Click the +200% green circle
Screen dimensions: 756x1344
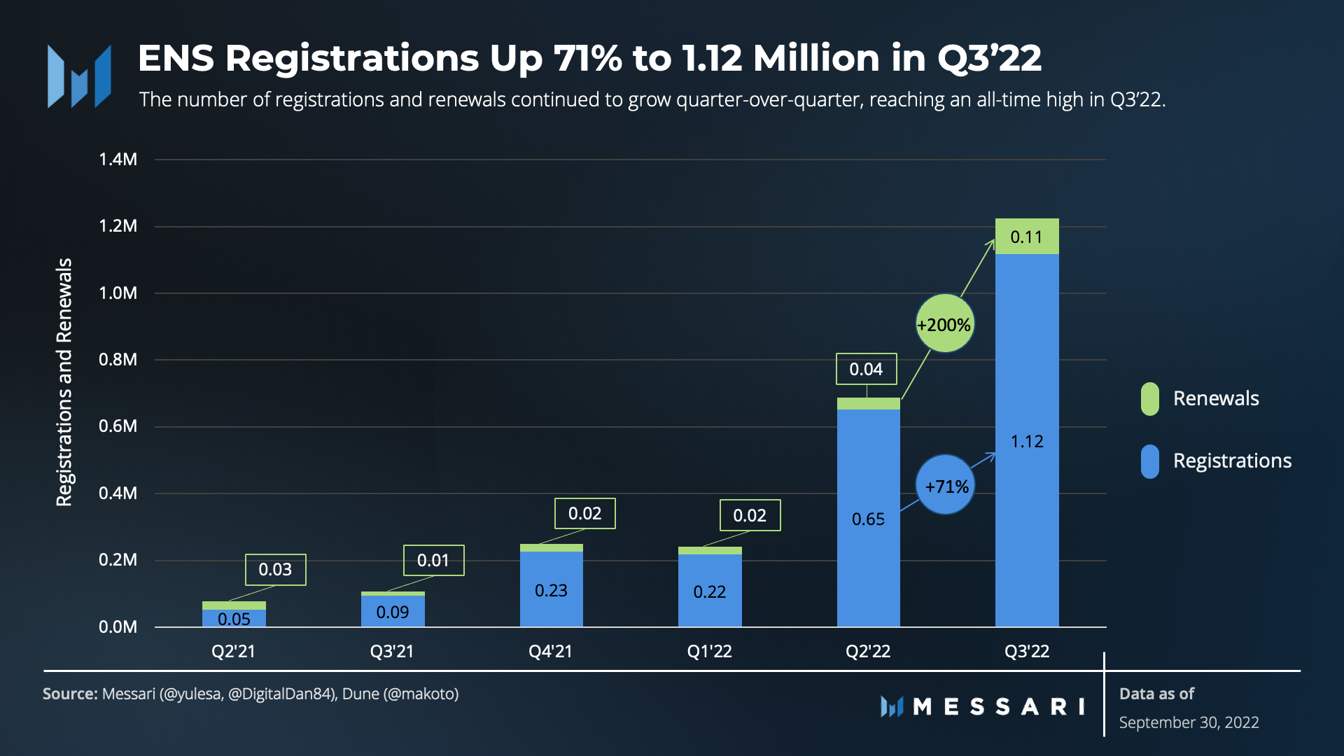click(x=944, y=323)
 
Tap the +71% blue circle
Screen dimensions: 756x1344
click(x=945, y=485)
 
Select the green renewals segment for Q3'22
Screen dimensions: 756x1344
click(x=1027, y=237)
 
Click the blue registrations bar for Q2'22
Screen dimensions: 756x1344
click(x=868, y=518)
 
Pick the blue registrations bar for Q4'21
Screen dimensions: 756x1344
click(x=551, y=589)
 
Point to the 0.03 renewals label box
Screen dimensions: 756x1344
click(x=275, y=569)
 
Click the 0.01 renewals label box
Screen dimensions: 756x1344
click(x=433, y=560)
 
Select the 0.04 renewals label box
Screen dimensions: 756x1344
click(x=866, y=369)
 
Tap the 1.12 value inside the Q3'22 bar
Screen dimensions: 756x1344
click(x=1027, y=442)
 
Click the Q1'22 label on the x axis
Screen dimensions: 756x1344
click(x=709, y=652)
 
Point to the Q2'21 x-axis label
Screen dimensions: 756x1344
click(x=233, y=652)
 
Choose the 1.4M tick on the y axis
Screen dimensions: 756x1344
click(x=118, y=160)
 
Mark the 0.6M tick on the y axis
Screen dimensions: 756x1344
click(x=118, y=426)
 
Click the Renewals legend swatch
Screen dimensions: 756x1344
click(x=1149, y=399)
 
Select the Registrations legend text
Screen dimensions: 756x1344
click(x=1232, y=461)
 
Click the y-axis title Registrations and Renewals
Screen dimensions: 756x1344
click(x=64, y=382)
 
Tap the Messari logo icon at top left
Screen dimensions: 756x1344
click(x=79, y=76)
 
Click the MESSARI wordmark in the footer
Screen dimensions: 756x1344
click(x=998, y=706)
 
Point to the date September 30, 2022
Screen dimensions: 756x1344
click(x=1189, y=722)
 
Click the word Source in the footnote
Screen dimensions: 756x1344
click(x=69, y=694)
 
